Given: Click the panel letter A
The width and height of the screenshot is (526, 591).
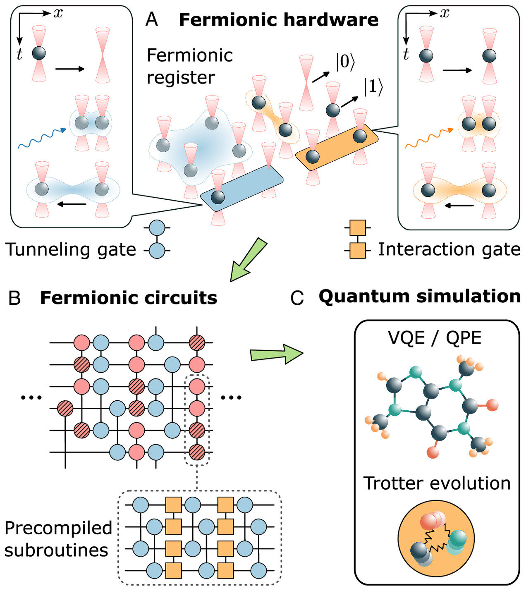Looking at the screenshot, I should point(152,19).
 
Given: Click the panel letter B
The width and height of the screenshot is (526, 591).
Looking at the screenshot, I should point(14,298).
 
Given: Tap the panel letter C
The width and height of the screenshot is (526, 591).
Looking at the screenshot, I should point(297,298).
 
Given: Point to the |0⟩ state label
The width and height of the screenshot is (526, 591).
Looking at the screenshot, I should point(345,62).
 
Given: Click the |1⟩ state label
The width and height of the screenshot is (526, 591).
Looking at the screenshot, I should point(373,87).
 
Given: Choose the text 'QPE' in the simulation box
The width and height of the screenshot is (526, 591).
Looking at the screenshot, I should point(464,338).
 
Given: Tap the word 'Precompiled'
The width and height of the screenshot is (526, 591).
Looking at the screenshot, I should point(58,528).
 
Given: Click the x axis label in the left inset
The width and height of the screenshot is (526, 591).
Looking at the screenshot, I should point(58,13).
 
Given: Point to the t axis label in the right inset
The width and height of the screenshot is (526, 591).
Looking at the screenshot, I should point(406,54).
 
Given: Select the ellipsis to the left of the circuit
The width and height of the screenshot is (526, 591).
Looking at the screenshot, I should point(31,397).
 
